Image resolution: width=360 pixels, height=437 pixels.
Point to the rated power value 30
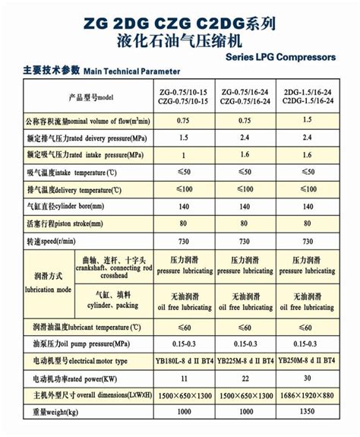click(x=309, y=378)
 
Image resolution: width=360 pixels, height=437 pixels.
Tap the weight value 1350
click(x=309, y=413)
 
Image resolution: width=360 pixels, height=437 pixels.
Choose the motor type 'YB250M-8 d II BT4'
click(x=309, y=360)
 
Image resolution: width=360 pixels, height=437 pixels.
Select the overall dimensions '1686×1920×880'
click(x=309, y=396)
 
